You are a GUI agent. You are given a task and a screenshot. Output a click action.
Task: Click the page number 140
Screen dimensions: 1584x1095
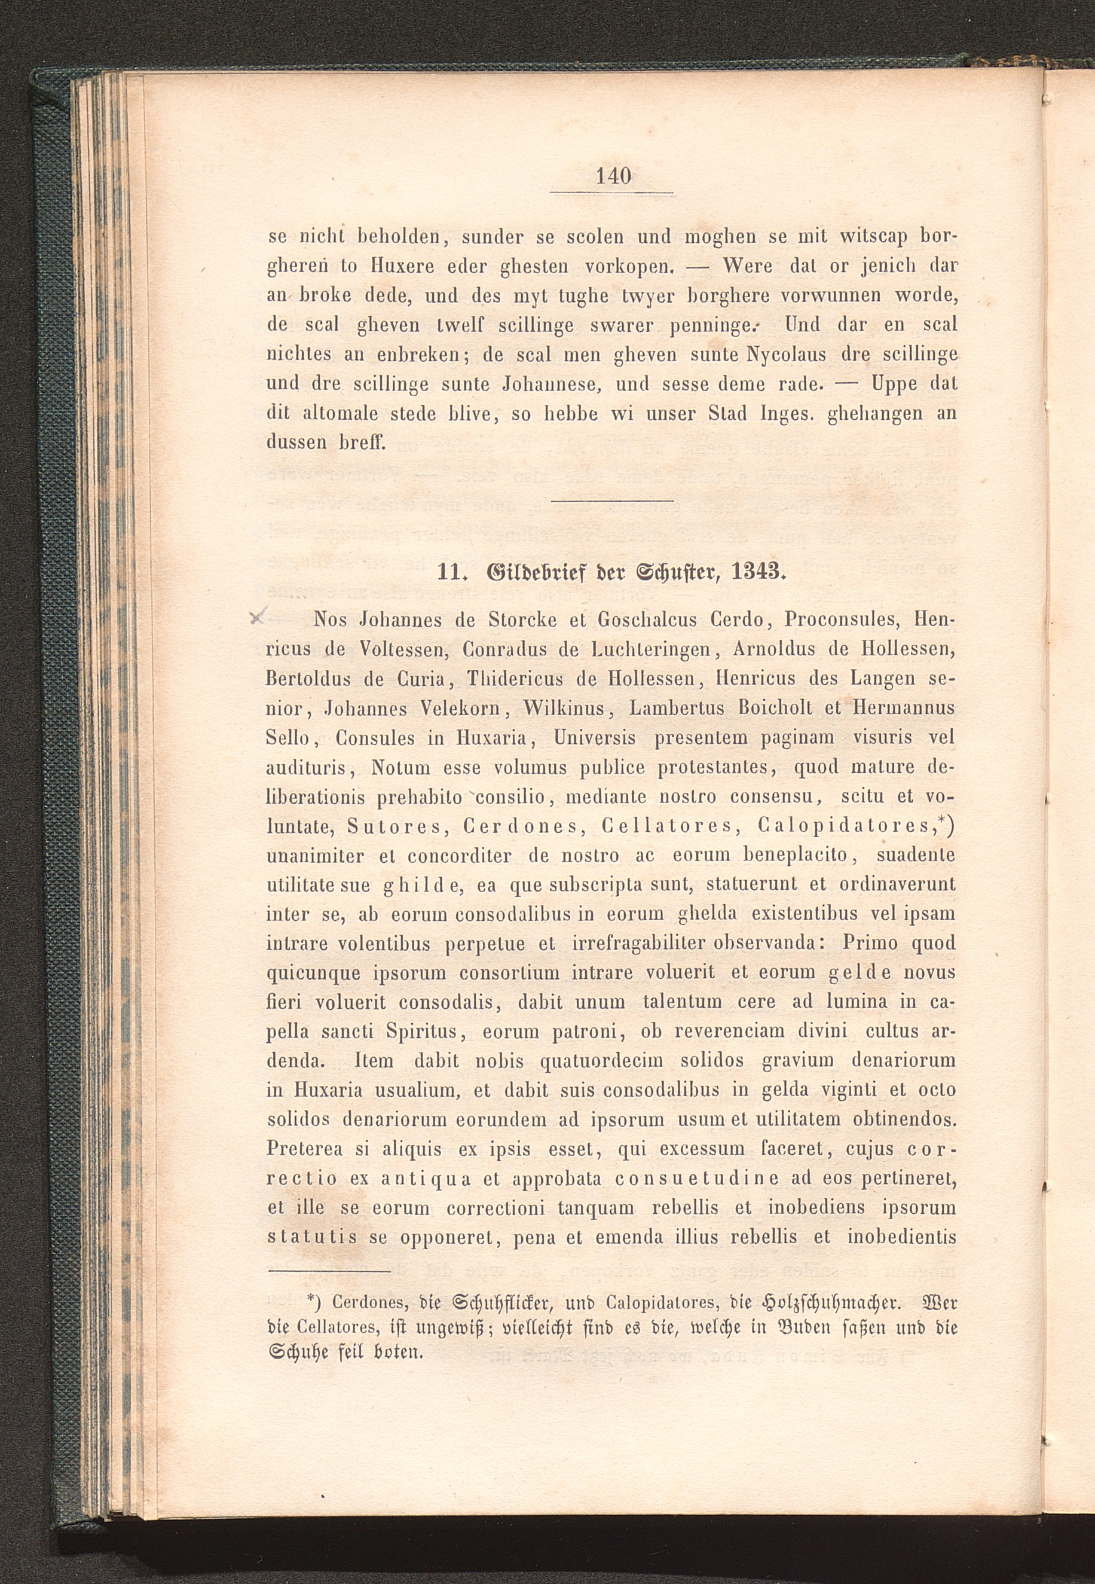click(x=613, y=176)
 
